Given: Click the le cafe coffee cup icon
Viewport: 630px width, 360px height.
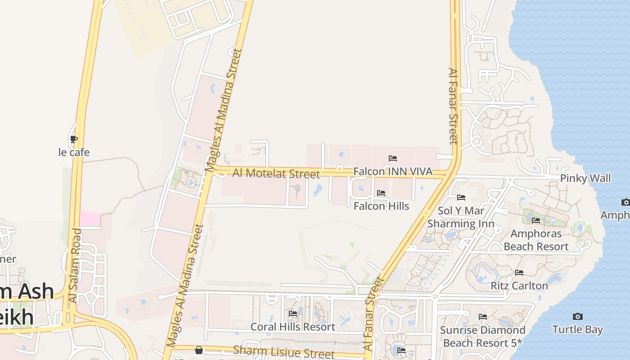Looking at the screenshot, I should pyautogui.click(x=74, y=139).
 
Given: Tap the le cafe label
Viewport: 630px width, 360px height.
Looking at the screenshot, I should pyautogui.click(x=74, y=153).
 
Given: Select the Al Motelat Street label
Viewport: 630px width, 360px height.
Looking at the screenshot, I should pyautogui.click(x=276, y=173).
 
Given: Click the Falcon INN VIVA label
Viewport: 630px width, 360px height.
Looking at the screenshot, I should pyautogui.click(x=392, y=171).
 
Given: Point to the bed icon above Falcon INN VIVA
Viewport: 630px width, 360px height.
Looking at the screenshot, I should pyautogui.click(x=393, y=158).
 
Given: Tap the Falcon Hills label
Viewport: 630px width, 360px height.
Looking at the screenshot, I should pyautogui.click(x=381, y=206).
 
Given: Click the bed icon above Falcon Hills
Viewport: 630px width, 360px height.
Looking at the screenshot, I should pyautogui.click(x=381, y=193).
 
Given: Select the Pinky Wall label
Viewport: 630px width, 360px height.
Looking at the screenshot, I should pyautogui.click(x=585, y=178).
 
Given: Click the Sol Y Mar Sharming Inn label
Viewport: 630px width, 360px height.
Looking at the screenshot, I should pyautogui.click(x=461, y=217).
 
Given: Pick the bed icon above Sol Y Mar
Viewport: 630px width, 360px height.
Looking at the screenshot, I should pyautogui.click(x=461, y=197).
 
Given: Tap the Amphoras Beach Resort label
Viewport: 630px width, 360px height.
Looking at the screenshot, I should pyautogui.click(x=536, y=240).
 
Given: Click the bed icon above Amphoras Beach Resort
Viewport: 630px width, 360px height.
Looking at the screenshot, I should pyautogui.click(x=536, y=220).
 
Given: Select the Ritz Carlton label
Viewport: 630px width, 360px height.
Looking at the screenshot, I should pyautogui.click(x=519, y=286).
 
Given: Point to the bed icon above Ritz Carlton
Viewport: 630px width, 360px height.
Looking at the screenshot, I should pyautogui.click(x=519, y=273).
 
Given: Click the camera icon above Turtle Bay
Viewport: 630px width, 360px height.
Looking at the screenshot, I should pyautogui.click(x=578, y=317).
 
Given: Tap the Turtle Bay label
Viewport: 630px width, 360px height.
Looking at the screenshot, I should pyautogui.click(x=577, y=329).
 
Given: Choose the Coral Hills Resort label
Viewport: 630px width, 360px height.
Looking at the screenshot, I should pyautogui.click(x=292, y=327).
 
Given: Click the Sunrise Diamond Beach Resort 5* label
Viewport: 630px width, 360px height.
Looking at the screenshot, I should pyautogui.click(x=482, y=337).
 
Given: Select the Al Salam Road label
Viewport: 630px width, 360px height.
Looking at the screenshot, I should pyautogui.click(x=75, y=265).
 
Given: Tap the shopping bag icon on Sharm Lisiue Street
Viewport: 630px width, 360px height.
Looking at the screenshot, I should pyautogui.click(x=199, y=350).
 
